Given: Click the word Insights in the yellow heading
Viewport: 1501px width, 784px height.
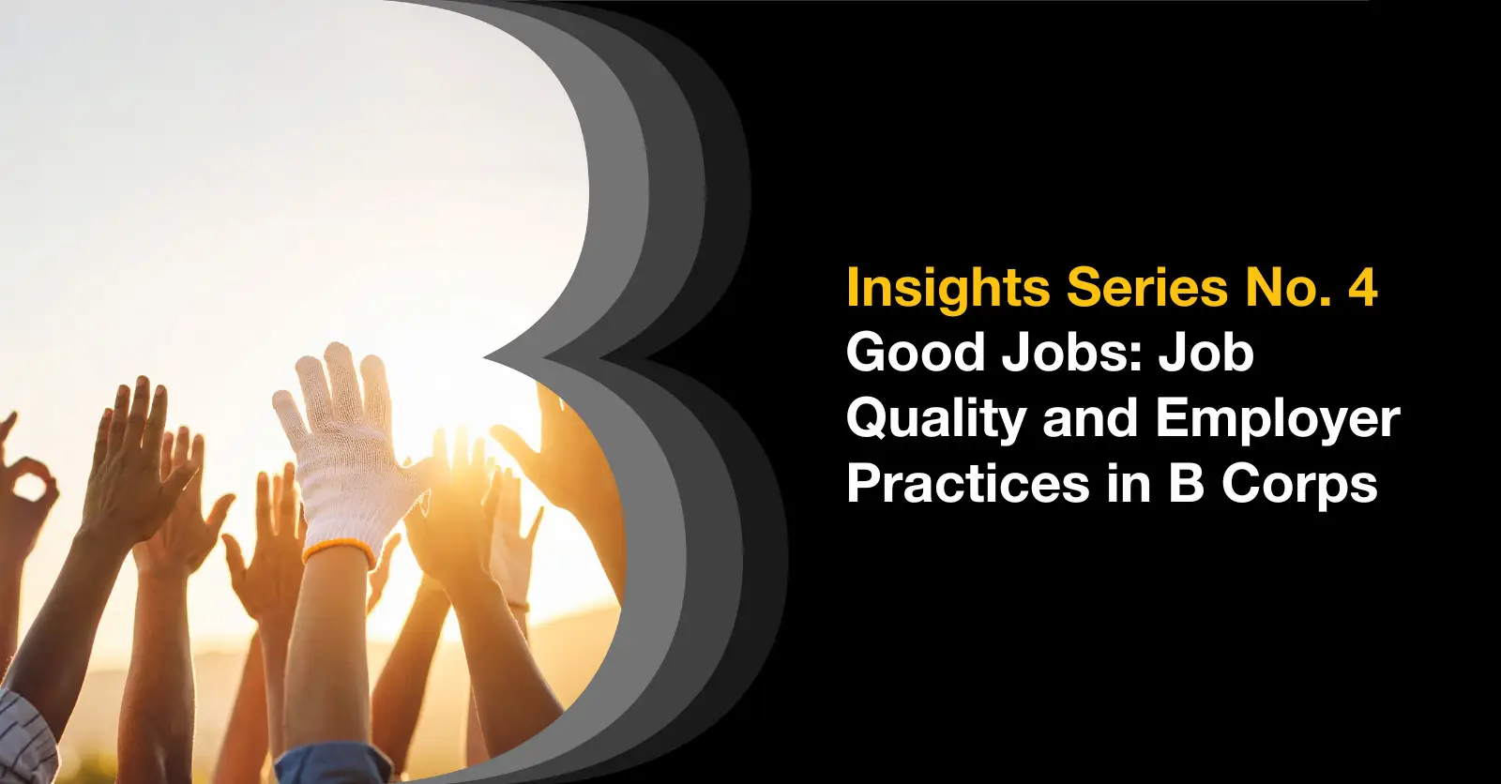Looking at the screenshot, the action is (948, 289).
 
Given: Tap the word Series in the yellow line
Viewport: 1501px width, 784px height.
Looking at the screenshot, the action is (1147, 288).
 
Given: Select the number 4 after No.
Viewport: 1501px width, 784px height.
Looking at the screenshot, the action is (1361, 288).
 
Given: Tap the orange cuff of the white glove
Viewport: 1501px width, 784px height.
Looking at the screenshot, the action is (339, 550).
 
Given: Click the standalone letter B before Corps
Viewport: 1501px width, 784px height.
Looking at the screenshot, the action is (1186, 483).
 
